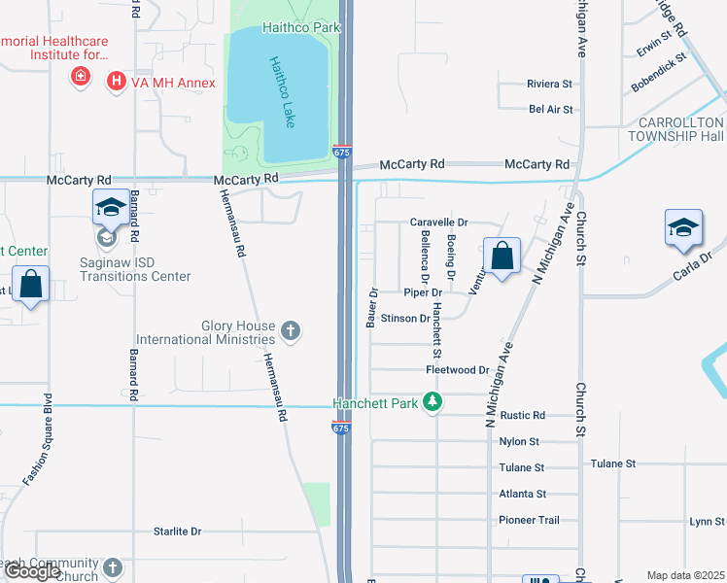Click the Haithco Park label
pyautogui.click(x=300, y=27)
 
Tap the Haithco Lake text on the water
pyautogui.click(x=282, y=91)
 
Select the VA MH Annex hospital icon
pyautogui.click(x=117, y=82)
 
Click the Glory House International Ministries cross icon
pyautogui.click(x=290, y=332)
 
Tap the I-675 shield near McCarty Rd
pyautogui.click(x=340, y=153)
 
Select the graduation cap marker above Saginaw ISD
pyautogui.click(x=110, y=207)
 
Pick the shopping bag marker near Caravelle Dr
pyautogui.click(x=502, y=257)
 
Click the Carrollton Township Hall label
pyautogui.click(x=680, y=129)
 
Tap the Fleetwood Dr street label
pyautogui.click(x=457, y=370)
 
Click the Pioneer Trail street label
pyautogui.click(x=529, y=520)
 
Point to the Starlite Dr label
pyautogui.click(x=177, y=532)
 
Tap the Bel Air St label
pyautogui.click(x=551, y=110)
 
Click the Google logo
pyautogui.click(x=32, y=572)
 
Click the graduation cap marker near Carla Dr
pyautogui.click(x=683, y=228)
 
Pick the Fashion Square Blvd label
pyautogui.click(x=35, y=440)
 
